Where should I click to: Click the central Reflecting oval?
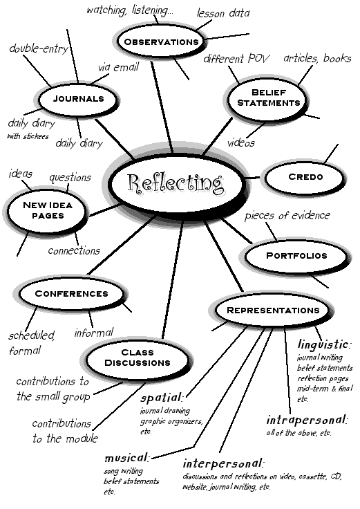point(176,185)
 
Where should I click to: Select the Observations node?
point(160,42)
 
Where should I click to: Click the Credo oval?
point(305,177)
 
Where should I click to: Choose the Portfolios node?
point(296,256)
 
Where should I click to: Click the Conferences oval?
point(72,293)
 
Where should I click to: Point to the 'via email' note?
point(117,67)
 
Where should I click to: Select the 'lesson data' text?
point(223,12)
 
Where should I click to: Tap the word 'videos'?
point(241,143)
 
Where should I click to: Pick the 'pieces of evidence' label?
point(287,215)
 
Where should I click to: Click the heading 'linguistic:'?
point(325,344)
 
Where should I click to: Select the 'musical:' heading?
point(126,458)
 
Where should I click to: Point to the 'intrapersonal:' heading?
point(308,419)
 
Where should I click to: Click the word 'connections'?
point(74,250)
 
